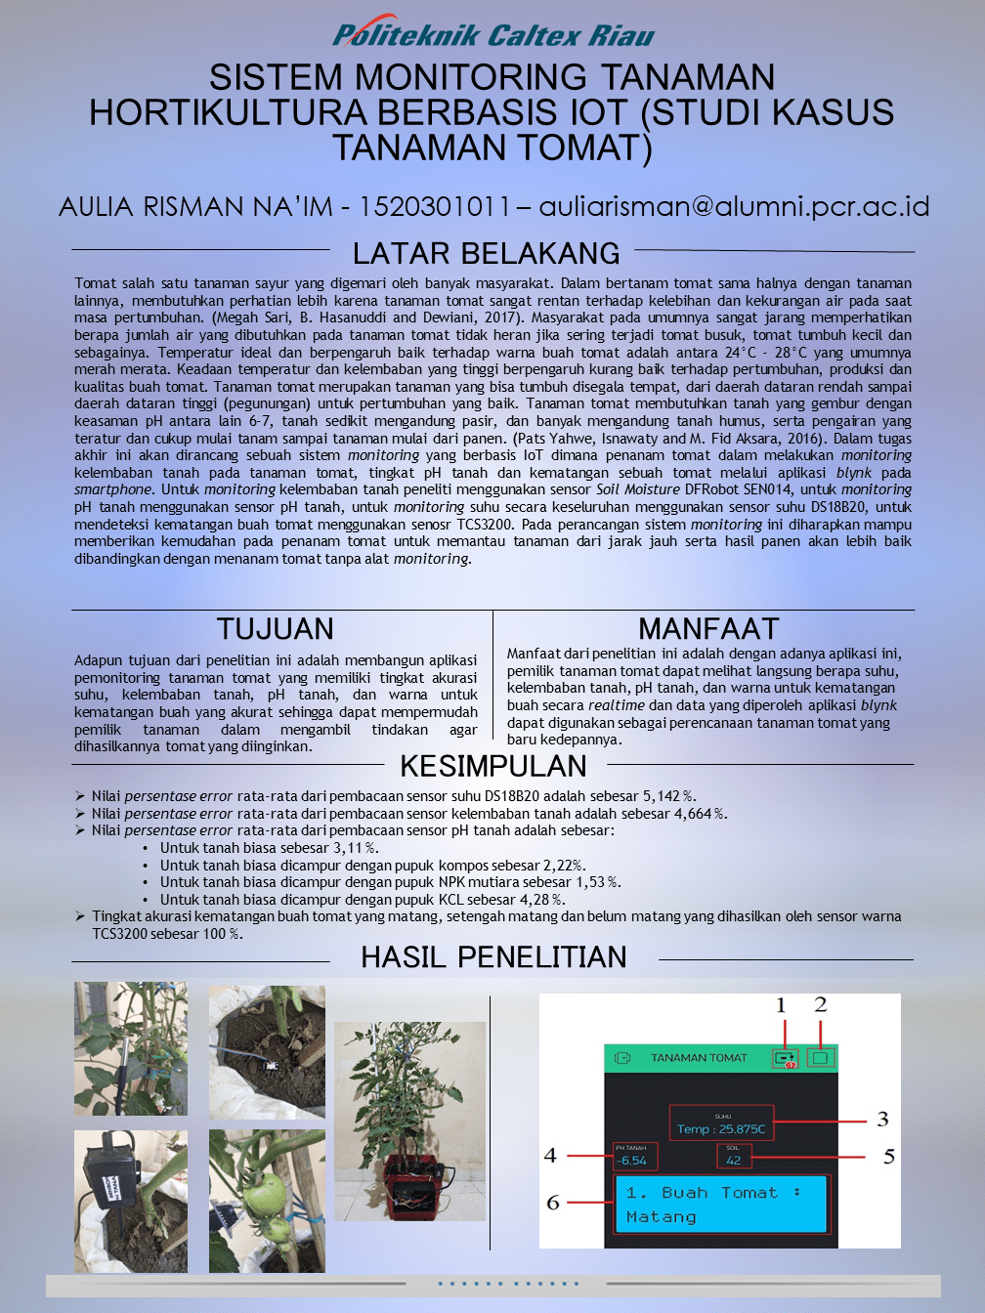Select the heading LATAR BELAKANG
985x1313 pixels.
(486, 253)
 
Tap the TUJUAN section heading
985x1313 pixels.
(276, 628)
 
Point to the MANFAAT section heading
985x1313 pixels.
(708, 628)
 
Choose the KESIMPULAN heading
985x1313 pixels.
(493, 766)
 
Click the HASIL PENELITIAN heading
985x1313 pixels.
(493, 957)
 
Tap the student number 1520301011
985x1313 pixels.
(435, 206)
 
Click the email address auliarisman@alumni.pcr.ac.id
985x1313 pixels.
(734, 206)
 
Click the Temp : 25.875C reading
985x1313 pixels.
(721, 1128)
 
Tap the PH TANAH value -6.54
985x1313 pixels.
(632, 1161)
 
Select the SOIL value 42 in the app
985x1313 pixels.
(733, 1161)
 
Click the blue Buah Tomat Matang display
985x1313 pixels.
(720, 1205)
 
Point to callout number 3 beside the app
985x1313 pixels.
(882, 1120)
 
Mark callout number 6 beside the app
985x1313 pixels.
(553, 1203)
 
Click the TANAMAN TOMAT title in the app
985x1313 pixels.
(699, 1058)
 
